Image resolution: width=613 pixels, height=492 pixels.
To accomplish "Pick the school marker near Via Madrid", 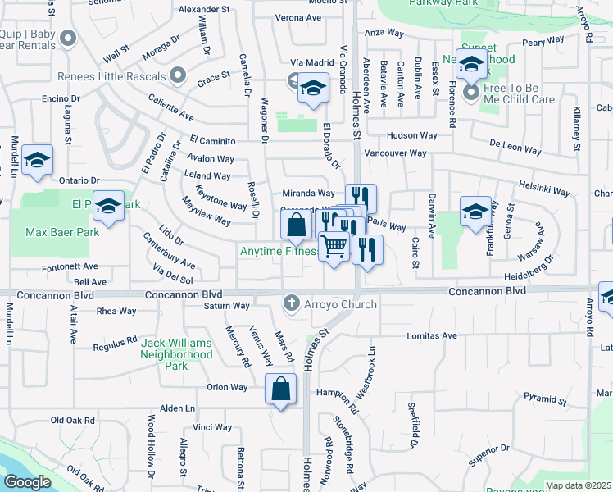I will pyautogui.click(x=312, y=88).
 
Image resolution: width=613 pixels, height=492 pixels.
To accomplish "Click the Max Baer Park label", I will pyautogui.click(x=62, y=232).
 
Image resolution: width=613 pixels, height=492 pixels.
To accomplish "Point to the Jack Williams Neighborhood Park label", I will pyautogui.click(x=176, y=354).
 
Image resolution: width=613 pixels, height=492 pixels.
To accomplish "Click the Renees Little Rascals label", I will pyautogui.click(x=111, y=77).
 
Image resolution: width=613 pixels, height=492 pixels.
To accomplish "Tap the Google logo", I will pyautogui.click(x=28, y=481).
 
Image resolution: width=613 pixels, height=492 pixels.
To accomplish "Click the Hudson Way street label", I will pyautogui.click(x=412, y=134).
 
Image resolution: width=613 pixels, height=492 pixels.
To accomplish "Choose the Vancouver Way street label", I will pyautogui.click(x=395, y=153).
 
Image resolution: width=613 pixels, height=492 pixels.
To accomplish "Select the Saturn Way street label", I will pyautogui.click(x=227, y=306).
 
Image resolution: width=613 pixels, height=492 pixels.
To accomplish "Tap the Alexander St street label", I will pyautogui.click(x=204, y=9).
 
